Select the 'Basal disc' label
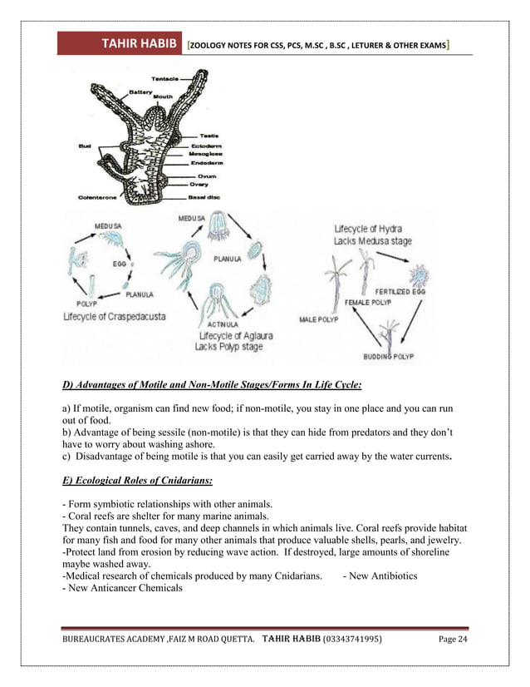(x=216, y=197)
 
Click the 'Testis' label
(x=209, y=136)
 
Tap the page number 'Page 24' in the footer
(x=453, y=640)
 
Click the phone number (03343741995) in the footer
(x=351, y=640)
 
